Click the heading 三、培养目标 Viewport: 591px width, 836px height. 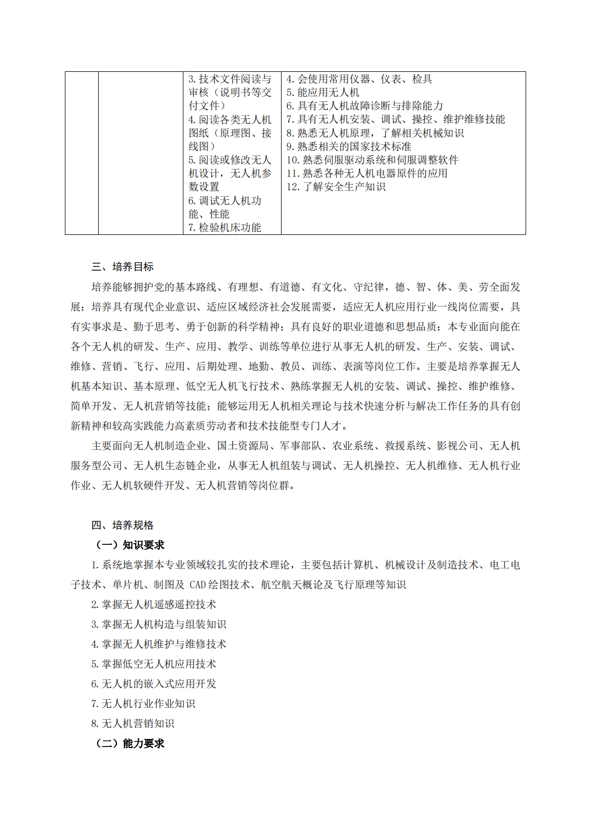122,267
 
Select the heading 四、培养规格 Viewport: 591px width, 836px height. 122,525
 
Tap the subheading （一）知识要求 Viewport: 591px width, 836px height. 129,545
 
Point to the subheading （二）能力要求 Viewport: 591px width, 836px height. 129,743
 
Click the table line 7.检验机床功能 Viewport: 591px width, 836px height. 225,227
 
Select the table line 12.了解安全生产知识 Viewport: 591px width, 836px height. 336,187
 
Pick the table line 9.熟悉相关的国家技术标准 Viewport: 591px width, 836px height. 349,146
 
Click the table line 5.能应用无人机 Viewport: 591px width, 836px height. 323,92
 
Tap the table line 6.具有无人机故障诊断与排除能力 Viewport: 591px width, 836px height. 365,106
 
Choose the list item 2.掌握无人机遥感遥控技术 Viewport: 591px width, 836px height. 153,604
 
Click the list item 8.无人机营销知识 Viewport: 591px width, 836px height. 132,723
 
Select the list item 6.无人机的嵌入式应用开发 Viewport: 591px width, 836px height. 153,684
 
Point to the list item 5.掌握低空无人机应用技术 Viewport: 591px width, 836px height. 153,664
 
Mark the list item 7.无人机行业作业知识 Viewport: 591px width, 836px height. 143,704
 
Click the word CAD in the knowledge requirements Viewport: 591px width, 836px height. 198,585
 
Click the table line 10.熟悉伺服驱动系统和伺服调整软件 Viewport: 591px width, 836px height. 372,160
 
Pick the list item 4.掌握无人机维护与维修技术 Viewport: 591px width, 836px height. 159,644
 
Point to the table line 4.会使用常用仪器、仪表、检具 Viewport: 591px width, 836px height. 359,79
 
